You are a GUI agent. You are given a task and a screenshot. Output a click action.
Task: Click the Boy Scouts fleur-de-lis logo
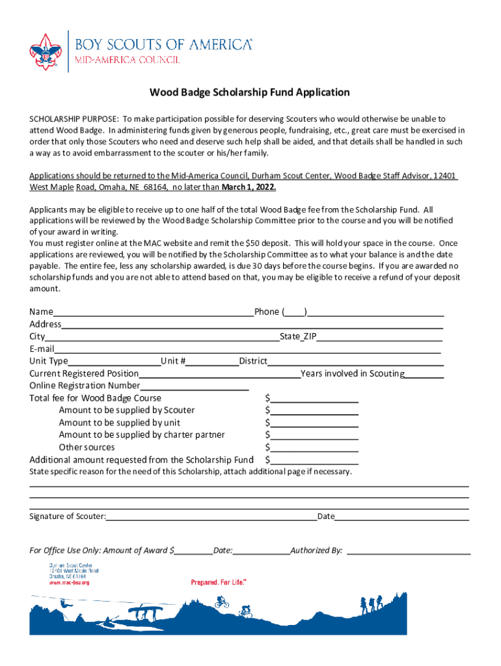(44, 51)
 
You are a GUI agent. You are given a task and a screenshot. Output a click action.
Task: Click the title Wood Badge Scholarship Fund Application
(250, 92)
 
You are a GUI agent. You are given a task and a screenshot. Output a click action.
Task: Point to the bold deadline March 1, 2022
(249, 187)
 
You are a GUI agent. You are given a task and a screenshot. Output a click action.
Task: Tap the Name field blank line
(154, 312)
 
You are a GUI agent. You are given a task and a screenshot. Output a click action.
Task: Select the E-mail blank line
(247, 349)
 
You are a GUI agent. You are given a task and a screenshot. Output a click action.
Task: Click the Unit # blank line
(213, 362)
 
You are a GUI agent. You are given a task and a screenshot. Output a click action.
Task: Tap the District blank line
(355, 362)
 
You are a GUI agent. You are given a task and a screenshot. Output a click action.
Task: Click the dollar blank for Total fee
(314, 399)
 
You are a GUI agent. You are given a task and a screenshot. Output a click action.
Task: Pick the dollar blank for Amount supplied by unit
(314, 423)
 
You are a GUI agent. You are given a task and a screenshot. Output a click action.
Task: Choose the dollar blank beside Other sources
(314, 448)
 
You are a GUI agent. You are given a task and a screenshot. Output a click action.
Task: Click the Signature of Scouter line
(211, 517)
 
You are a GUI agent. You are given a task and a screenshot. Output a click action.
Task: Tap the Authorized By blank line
(409, 551)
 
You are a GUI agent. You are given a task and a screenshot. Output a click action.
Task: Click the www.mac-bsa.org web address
(70, 583)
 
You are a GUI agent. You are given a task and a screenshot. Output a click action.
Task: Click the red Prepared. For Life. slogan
(219, 583)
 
